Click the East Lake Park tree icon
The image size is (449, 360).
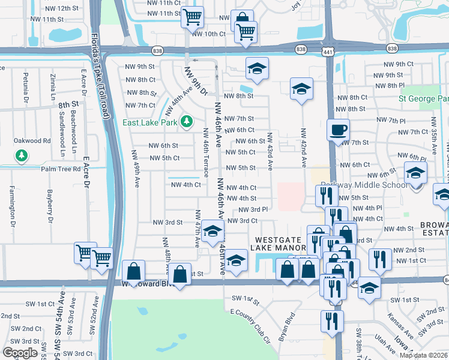tap(187, 122)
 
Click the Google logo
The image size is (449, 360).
tap(20, 353)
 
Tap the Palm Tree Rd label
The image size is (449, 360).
tap(60, 169)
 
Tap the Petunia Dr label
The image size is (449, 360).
tap(26, 87)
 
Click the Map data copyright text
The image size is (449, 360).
tap(423, 355)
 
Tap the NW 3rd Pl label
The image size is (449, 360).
tap(253, 209)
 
